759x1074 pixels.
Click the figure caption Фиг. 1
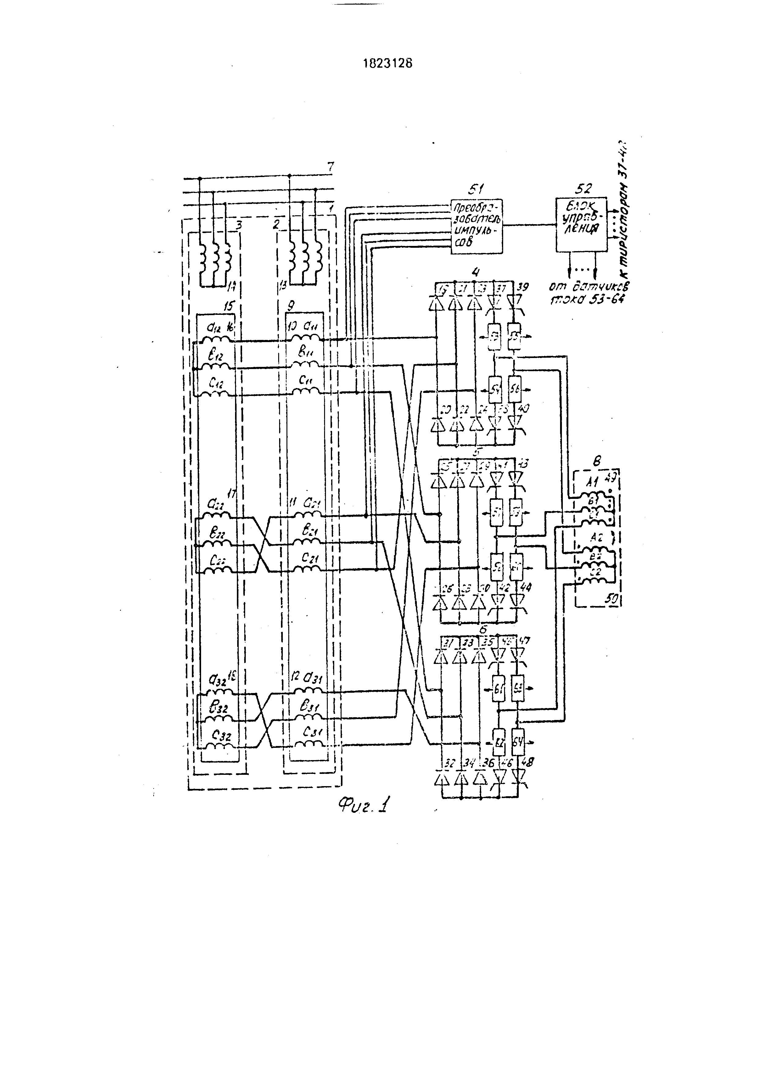365,804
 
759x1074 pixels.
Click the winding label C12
216,384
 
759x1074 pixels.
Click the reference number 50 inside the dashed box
612,598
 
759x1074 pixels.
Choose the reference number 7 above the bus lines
331,167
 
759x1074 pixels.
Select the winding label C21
309,558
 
